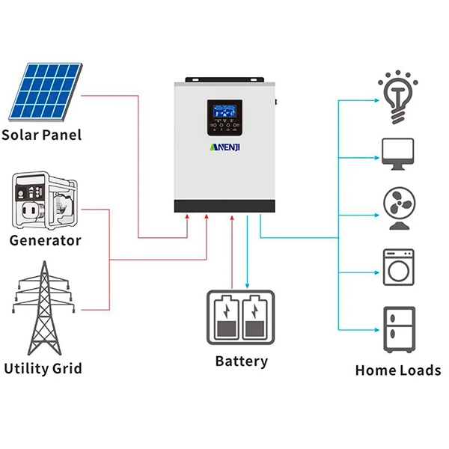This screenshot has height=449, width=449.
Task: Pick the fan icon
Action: tap(397, 209)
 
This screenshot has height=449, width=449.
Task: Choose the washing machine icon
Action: tap(397, 266)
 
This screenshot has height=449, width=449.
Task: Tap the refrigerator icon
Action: tap(397, 329)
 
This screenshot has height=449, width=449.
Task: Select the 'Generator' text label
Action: tap(46, 241)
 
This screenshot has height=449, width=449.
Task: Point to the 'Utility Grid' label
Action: tap(43, 368)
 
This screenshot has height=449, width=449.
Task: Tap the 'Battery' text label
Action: tap(241, 361)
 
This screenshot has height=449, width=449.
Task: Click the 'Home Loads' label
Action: tap(397, 370)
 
